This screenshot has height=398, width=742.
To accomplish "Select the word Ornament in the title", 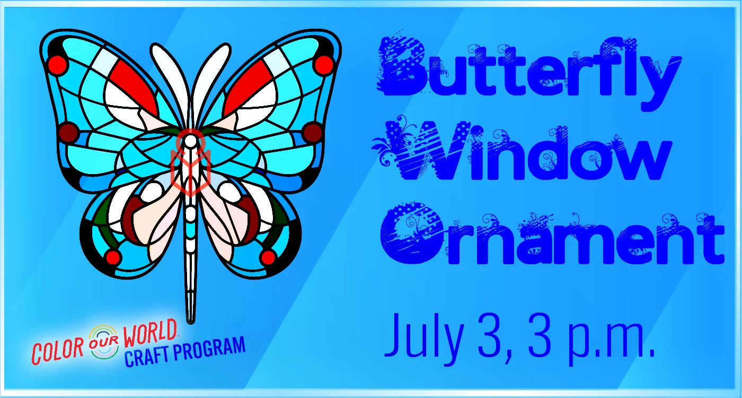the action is click(x=552, y=234).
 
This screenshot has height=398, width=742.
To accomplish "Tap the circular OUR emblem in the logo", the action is click(x=104, y=342).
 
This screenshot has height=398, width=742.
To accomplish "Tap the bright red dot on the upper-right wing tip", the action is click(x=323, y=65).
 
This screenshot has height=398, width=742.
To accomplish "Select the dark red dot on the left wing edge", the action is click(x=68, y=132).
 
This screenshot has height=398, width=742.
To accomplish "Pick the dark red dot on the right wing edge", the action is click(x=313, y=132).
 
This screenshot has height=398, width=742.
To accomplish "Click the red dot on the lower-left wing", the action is click(x=113, y=257).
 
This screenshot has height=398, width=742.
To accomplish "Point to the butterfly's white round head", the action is click(x=191, y=142).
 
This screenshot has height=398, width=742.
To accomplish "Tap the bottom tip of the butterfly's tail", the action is click(x=190, y=323).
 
